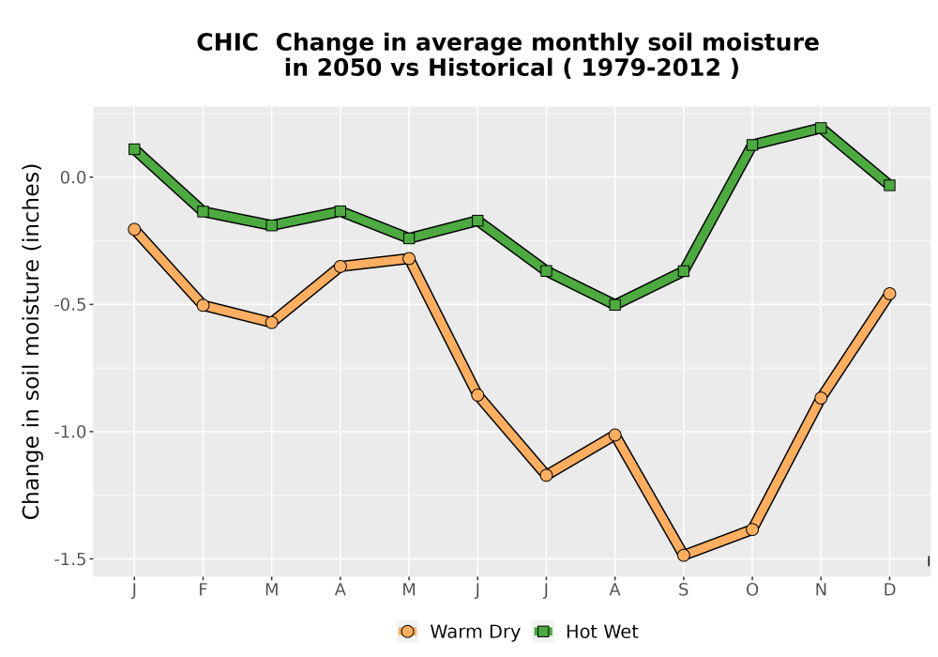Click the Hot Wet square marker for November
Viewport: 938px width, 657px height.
[821, 128]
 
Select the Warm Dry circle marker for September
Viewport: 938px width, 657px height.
[684, 556]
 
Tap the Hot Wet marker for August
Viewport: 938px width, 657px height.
[615, 304]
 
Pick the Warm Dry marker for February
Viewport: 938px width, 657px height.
[203, 305]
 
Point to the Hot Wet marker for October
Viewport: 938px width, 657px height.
[752, 145]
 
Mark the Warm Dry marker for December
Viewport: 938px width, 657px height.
[889, 293]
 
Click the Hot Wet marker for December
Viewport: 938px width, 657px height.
[889, 186]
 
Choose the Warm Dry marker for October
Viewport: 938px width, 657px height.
[752, 529]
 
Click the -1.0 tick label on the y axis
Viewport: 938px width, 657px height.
[70, 432]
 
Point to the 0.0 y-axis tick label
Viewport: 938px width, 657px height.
[73, 177]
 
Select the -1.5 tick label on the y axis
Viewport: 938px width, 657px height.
[70, 559]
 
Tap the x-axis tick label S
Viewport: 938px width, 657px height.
[684, 590]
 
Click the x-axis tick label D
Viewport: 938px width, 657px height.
[889, 590]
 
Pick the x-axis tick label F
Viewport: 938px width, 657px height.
[203, 590]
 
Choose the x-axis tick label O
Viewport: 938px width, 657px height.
[752, 590]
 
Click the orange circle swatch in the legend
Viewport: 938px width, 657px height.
[407, 632]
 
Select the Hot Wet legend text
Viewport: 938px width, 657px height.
[602, 632]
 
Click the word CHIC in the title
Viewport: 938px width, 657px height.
[227, 42]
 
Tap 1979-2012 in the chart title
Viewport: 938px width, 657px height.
[651, 68]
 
